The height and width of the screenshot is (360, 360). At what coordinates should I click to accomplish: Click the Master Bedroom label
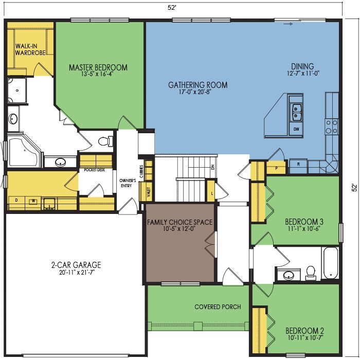click(x=98, y=67)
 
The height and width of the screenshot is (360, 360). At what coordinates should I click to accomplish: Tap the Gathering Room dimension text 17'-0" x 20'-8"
click(x=195, y=92)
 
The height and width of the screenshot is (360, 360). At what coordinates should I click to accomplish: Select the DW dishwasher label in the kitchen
click(x=296, y=129)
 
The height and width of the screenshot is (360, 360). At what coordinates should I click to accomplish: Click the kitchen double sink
click(x=296, y=112)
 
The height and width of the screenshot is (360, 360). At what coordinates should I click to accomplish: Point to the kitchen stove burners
click(x=332, y=127)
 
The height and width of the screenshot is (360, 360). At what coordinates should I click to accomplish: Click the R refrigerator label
click(x=298, y=164)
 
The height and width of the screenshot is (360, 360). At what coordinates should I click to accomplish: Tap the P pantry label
click(x=277, y=168)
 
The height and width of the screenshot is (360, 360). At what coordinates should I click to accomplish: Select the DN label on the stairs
click(x=212, y=167)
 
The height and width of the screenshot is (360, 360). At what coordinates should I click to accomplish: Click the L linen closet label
click(x=212, y=193)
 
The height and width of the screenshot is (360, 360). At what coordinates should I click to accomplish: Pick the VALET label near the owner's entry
click(x=149, y=192)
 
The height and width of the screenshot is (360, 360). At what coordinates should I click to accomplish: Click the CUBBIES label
click(x=141, y=171)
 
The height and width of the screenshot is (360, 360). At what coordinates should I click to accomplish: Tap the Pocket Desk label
click(x=94, y=170)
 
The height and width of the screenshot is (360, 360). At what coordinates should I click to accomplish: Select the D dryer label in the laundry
click(x=16, y=200)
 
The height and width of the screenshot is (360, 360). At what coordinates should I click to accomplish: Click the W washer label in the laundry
click(x=33, y=201)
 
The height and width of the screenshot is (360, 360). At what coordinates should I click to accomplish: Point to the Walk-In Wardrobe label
click(x=30, y=49)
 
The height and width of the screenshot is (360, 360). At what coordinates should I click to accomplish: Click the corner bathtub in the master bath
click(x=24, y=151)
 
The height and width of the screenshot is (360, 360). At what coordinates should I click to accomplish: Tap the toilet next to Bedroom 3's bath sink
click(x=311, y=273)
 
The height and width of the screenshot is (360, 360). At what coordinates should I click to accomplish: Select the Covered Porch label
click(x=218, y=307)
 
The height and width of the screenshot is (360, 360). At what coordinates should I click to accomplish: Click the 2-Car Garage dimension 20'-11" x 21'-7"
click(x=77, y=272)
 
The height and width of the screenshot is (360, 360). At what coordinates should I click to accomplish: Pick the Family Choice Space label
click(x=180, y=222)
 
